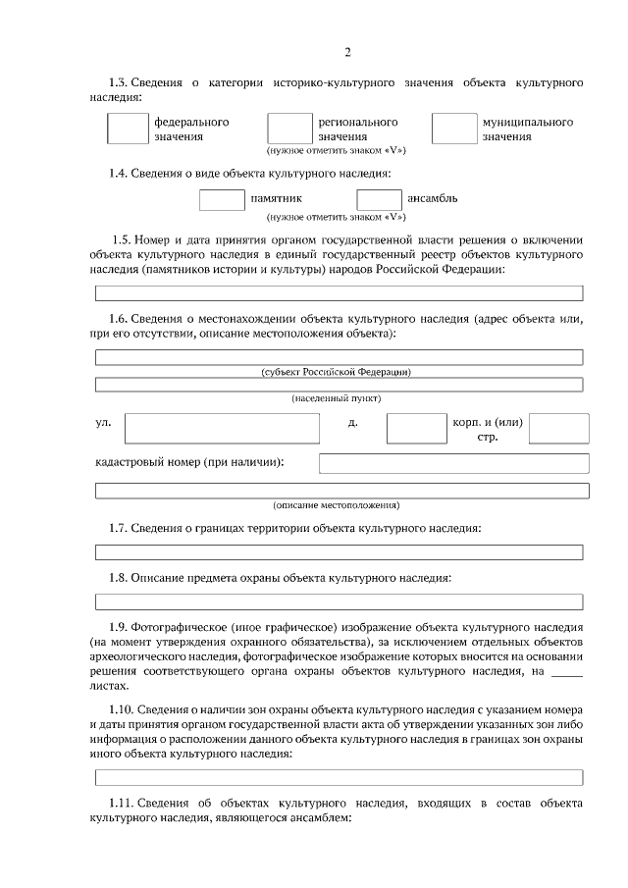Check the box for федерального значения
126,129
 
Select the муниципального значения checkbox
453,129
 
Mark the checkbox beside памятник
222,199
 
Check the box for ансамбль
379,199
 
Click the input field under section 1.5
339,292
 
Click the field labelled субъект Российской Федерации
339,357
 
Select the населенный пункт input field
339,384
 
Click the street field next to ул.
222,428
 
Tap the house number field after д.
416,428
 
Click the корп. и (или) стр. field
559,428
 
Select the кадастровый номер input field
453,463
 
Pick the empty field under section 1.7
339,552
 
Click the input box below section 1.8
339,601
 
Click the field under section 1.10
339,778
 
